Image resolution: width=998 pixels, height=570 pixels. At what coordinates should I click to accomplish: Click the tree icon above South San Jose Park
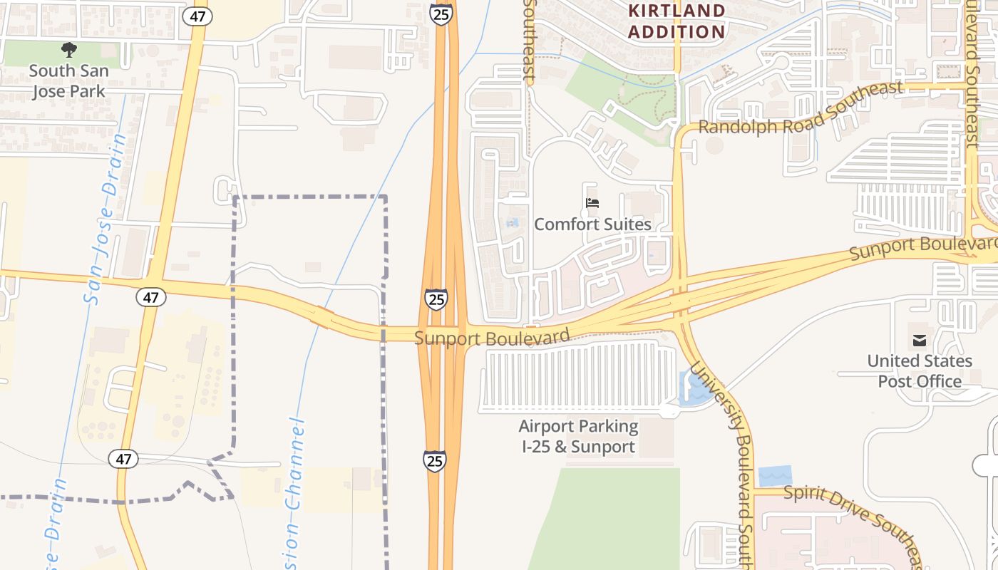tap(69, 50)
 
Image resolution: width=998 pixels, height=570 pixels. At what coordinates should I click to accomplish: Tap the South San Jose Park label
tap(68, 81)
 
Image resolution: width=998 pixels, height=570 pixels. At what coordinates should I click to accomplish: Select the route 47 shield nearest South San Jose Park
tap(197, 16)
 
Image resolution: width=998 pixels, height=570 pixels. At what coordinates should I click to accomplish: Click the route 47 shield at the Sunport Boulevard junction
tap(150, 296)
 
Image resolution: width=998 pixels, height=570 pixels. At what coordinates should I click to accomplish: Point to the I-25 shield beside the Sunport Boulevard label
tap(436, 299)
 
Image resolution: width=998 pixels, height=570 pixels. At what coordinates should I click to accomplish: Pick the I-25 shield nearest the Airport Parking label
tap(434, 460)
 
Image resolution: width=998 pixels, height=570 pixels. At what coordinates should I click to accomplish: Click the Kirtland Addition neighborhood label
tap(677, 21)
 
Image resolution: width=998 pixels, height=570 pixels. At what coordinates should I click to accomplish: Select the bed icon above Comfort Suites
tap(592, 204)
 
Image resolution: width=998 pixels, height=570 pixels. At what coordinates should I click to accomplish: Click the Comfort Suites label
tap(592, 224)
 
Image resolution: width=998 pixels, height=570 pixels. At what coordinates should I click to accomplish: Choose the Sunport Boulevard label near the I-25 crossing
tap(492, 337)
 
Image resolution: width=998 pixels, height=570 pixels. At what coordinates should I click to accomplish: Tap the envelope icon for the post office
tap(919, 341)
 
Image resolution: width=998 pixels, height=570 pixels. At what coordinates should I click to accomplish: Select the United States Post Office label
tap(919, 371)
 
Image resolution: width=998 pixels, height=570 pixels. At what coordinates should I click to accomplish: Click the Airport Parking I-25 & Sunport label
tap(578, 437)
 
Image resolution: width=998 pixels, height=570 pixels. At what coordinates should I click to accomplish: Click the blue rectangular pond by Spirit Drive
tap(775, 475)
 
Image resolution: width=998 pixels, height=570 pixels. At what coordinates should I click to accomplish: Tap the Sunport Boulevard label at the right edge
tap(923, 247)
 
